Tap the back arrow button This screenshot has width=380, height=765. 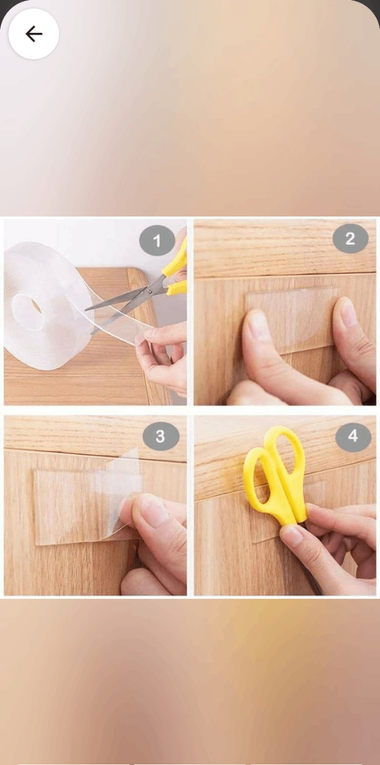coord(34,34)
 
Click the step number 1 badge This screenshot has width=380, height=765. coord(157,241)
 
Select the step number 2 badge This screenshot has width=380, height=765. coord(350,238)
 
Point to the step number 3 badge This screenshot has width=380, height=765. coord(160,436)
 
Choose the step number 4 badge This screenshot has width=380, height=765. coord(353,436)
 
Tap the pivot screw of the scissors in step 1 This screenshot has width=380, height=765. coord(150,291)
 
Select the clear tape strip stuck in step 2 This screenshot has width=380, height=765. coord(292,319)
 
